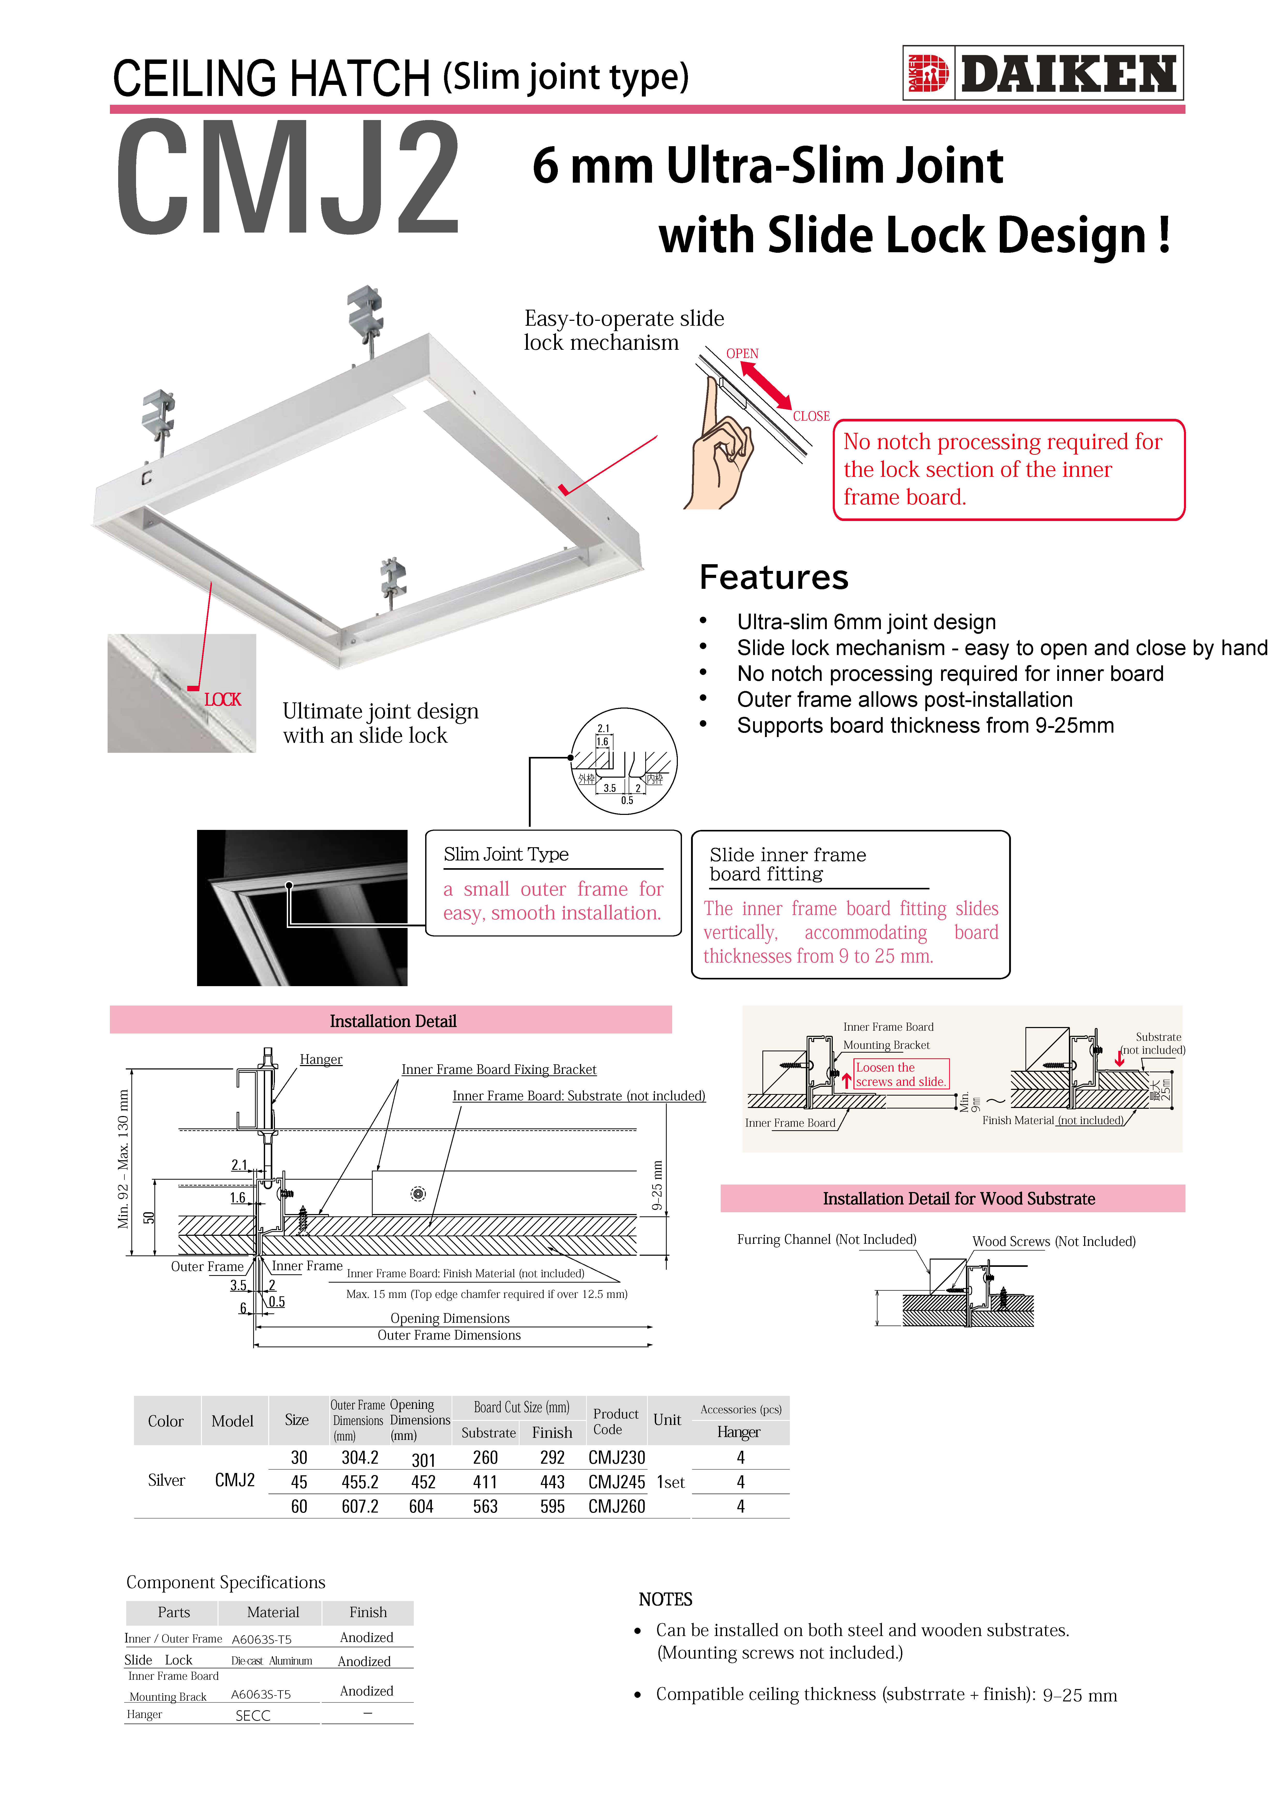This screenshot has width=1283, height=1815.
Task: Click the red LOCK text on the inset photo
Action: coord(222,700)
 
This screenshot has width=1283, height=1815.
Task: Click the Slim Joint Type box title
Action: coord(506,854)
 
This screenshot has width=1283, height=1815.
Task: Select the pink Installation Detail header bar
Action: coord(391,1021)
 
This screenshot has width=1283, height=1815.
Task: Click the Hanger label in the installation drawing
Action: coord(321,1059)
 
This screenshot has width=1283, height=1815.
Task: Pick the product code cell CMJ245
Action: coord(617,1482)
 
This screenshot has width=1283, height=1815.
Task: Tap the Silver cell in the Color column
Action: coord(166,1481)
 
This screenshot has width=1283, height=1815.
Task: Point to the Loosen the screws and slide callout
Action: coord(901,1074)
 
